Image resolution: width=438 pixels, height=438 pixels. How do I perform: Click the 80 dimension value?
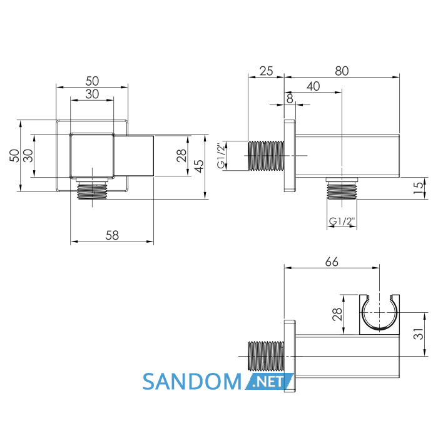(x=342, y=71)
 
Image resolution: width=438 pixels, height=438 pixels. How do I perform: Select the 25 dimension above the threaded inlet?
(x=266, y=71)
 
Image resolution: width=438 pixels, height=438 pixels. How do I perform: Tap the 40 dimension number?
(x=313, y=86)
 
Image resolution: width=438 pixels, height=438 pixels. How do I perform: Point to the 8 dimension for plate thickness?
(x=290, y=99)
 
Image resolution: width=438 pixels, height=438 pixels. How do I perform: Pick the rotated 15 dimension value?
(x=418, y=188)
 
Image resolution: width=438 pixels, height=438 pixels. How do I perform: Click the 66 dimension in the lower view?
(x=332, y=262)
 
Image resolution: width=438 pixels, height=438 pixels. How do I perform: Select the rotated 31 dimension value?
(x=418, y=334)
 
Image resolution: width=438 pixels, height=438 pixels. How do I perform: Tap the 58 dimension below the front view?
(x=112, y=235)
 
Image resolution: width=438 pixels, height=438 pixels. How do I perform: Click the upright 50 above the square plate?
(x=92, y=81)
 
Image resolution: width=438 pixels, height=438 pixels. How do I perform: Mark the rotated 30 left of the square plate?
(x=28, y=156)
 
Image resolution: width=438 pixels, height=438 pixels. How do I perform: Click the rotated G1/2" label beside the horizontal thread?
(x=222, y=156)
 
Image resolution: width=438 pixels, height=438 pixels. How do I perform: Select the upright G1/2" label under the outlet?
(x=342, y=222)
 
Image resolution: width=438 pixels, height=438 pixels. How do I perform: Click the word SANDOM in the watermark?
(x=192, y=382)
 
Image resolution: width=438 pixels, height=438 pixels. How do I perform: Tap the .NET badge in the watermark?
(x=270, y=382)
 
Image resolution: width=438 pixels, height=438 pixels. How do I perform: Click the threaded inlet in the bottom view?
(x=266, y=356)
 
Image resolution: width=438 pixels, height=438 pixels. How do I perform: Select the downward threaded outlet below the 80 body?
(x=342, y=188)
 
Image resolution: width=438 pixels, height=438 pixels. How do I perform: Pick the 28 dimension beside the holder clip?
(x=337, y=314)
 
